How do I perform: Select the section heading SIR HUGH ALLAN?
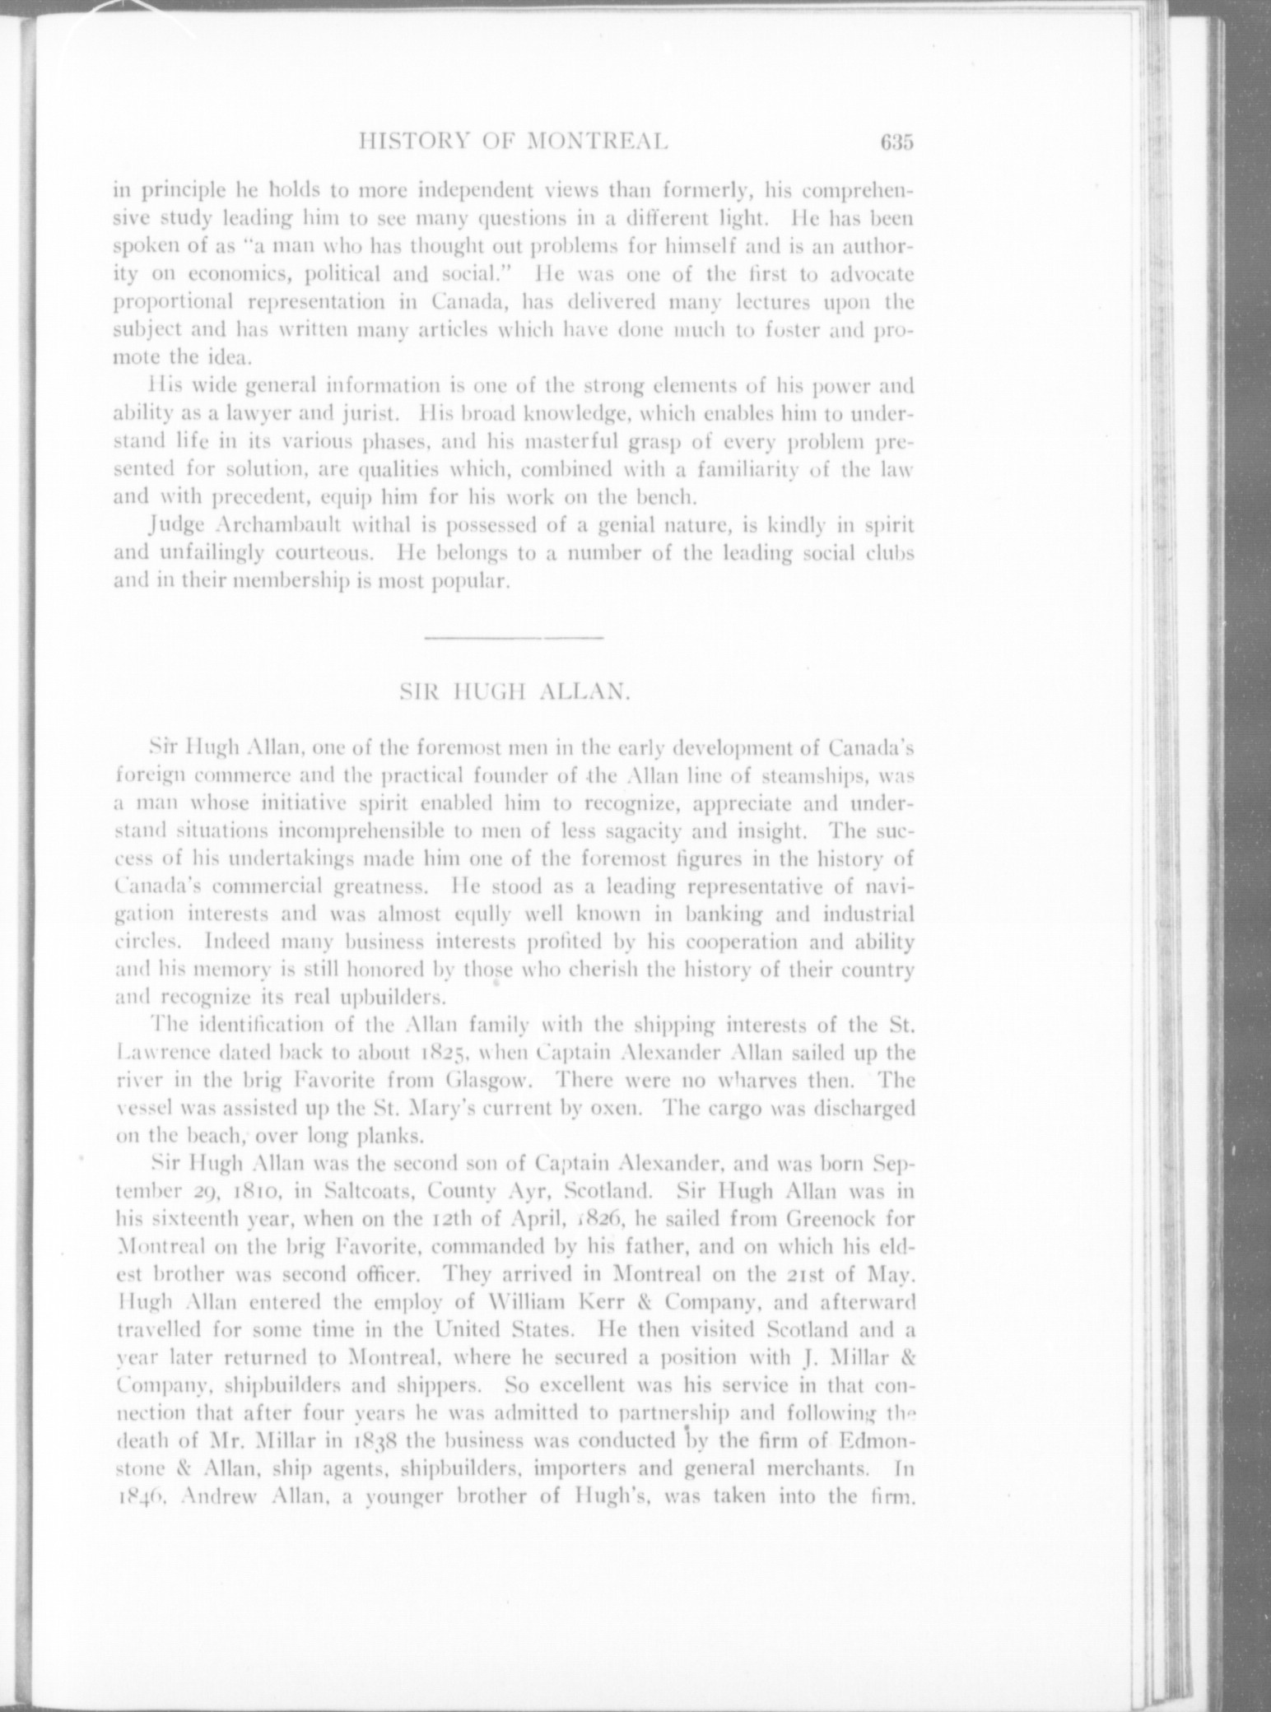(x=514, y=692)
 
